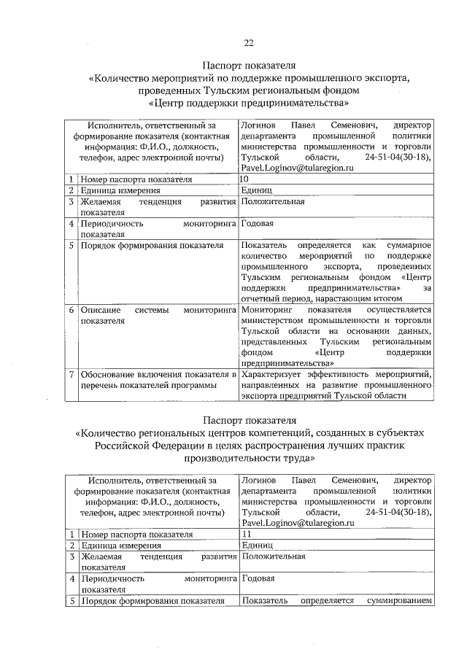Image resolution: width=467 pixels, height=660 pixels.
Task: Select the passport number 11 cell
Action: [245, 534]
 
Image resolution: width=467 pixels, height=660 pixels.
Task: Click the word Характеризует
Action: [271, 375]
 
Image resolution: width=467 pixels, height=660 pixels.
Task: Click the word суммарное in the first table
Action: [409, 245]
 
